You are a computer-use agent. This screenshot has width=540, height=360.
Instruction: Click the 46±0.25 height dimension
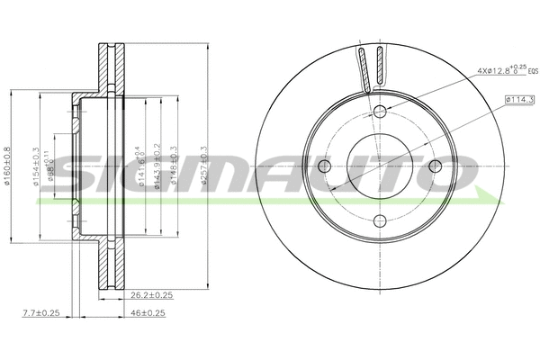point(147,312)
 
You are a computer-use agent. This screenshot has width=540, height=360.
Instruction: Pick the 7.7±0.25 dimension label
point(40,312)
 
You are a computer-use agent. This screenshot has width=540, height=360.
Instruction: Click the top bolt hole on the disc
point(379,111)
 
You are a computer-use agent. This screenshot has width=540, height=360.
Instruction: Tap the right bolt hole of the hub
point(435,166)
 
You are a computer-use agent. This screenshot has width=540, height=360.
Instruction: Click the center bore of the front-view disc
point(379,166)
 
